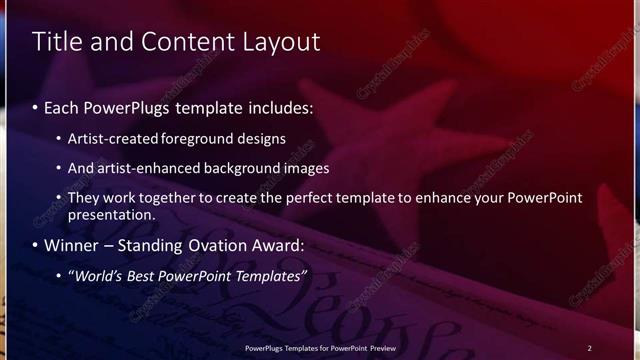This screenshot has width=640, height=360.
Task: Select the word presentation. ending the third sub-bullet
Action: pyautogui.click(x=112, y=215)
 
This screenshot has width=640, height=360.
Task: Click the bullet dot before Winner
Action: pyautogui.click(x=37, y=246)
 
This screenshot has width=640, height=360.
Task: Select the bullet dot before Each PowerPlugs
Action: pyautogui.click(x=37, y=107)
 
